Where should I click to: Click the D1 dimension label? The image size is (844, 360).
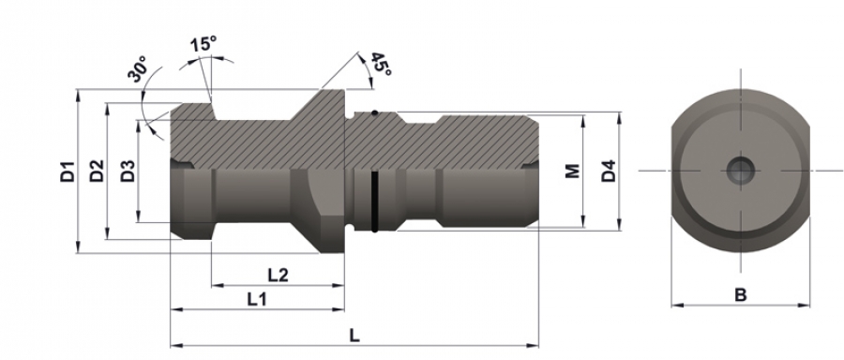(x=68, y=172)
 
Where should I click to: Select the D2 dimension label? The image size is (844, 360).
(x=97, y=172)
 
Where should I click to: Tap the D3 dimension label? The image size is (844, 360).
(x=128, y=172)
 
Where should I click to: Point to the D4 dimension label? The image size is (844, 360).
(x=609, y=172)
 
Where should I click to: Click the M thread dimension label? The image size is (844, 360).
(x=573, y=172)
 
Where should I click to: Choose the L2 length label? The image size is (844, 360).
(x=279, y=275)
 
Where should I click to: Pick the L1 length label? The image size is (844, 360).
(x=257, y=299)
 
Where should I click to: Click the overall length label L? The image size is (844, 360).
(x=354, y=336)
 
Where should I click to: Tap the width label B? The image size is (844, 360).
(x=741, y=295)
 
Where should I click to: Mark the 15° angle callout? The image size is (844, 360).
(x=203, y=43)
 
